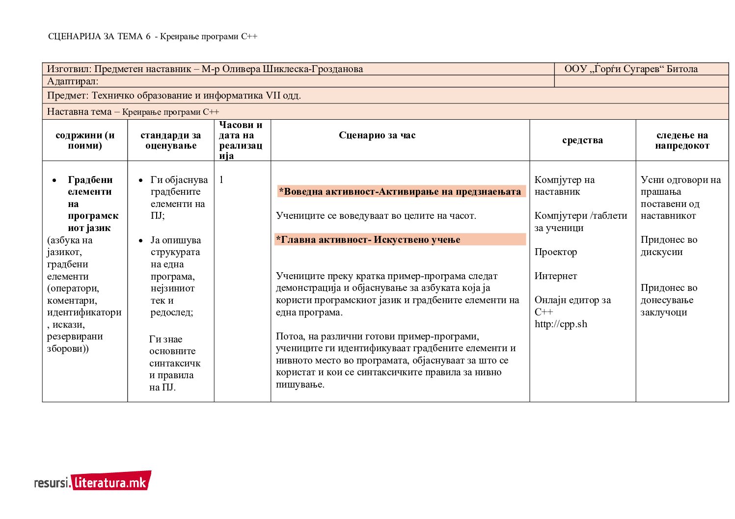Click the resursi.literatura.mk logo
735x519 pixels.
(x=93, y=482)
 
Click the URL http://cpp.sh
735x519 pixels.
(x=561, y=324)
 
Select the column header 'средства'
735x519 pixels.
(x=582, y=140)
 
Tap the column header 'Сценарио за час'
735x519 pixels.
(x=377, y=135)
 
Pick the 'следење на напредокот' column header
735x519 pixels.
(x=682, y=140)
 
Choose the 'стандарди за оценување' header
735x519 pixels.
(x=170, y=140)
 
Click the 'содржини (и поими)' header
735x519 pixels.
(x=85, y=140)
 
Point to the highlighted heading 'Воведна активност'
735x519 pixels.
(x=400, y=191)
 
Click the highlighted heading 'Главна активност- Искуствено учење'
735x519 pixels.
(x=368, y=240)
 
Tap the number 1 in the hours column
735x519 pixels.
(x=221, y=180)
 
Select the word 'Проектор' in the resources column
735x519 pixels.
(x=555, y=252)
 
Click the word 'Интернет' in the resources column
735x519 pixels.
(x=555, y=276)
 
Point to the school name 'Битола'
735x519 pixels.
(x=682, y=69)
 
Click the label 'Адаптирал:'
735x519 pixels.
(x=73, y=81)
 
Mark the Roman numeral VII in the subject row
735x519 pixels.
(x=272, y=96)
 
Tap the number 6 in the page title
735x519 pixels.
(x=148, y=36)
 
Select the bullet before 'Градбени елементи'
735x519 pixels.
(x=54, y=181)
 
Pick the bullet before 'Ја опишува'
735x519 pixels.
(x=141, y=241)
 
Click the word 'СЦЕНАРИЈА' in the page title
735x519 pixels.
(x=74, y=36)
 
